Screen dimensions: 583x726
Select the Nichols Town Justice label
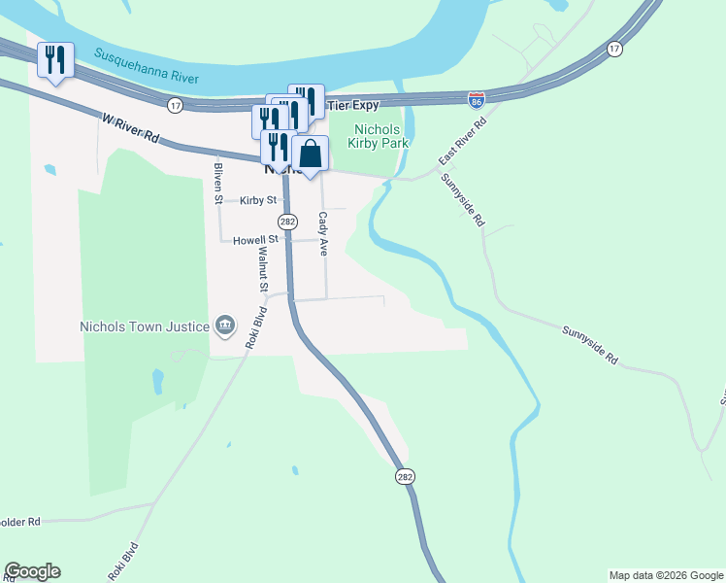coord(145,326)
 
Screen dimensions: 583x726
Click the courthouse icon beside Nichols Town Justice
coord(225,326)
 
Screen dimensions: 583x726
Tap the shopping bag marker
coord(310,154)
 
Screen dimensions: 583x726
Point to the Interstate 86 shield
coord(476,100)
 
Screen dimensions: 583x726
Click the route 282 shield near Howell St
coord(287,222)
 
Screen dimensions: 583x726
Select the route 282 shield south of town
coord(406,476)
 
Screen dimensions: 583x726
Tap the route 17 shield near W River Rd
coord(175,104)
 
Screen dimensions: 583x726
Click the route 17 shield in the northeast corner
coord(614,48)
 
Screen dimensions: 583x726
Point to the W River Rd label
coord(129,126)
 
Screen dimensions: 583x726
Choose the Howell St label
coord(255,238)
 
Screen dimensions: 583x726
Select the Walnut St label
coord(262,269)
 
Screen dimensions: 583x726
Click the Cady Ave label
coord(324,233)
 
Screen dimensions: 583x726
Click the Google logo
coord(32,571)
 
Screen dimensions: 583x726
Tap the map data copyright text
coord(665,575)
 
